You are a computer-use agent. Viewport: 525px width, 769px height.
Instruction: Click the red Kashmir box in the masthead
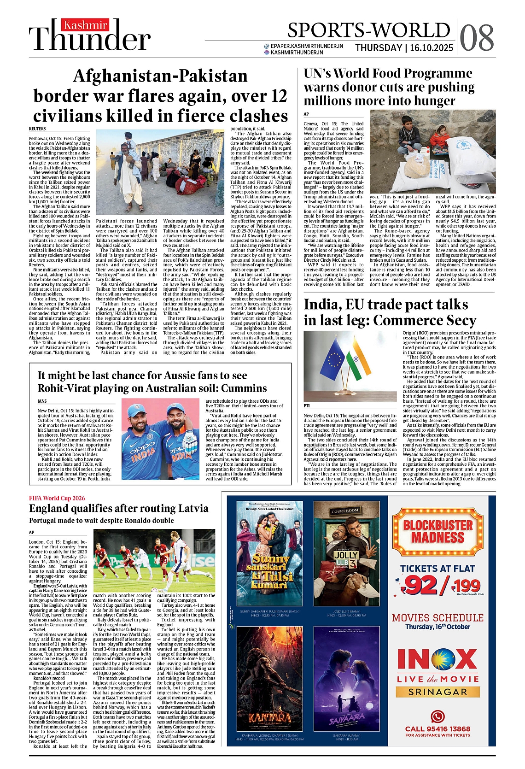(86, 25)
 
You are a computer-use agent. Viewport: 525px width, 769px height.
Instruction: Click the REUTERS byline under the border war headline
(37, 129)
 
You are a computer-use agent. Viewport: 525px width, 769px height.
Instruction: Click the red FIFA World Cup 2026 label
(57, 498)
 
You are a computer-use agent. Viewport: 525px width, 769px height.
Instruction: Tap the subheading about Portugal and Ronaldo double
(101, 520)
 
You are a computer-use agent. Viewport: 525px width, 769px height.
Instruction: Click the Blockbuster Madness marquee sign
(437, 531)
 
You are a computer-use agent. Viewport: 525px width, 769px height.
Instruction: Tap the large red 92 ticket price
(420, 586)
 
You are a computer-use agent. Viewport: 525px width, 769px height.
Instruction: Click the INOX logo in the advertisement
(437, 659)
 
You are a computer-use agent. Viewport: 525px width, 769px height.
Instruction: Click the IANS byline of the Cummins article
(42, 401)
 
